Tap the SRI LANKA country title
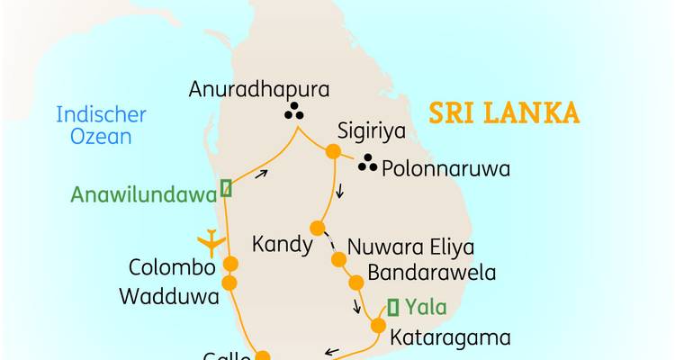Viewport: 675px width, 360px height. coord(503,114)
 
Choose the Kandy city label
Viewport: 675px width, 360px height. coord(283,245)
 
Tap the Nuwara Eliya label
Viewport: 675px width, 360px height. coord(410,247)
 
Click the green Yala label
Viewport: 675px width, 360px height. coord(426,307)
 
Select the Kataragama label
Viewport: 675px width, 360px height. coord(450,337)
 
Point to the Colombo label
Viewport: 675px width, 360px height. coord(172,268)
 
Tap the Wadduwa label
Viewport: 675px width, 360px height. coord(173,295)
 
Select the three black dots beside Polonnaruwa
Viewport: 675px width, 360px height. coord(366,164)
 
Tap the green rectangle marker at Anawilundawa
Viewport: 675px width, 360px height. coord(226,187)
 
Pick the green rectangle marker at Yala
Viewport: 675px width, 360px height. coord(392,306)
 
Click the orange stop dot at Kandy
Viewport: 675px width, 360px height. coord(316,227)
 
